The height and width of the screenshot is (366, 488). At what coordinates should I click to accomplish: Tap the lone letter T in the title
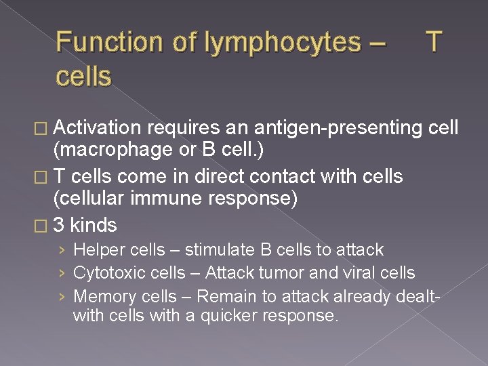434,42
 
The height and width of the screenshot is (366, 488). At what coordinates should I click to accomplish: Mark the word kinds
94,225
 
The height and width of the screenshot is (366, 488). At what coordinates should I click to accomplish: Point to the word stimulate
220,250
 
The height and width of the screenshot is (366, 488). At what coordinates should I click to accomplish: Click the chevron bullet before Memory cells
62,297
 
